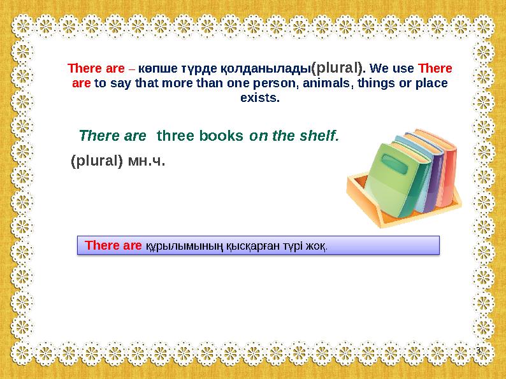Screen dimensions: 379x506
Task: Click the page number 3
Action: point(478,352)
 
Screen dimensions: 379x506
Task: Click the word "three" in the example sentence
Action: point(175,136)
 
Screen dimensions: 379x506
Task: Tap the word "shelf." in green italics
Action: point(321,136)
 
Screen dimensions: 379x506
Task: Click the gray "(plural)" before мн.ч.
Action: point(96,161)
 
